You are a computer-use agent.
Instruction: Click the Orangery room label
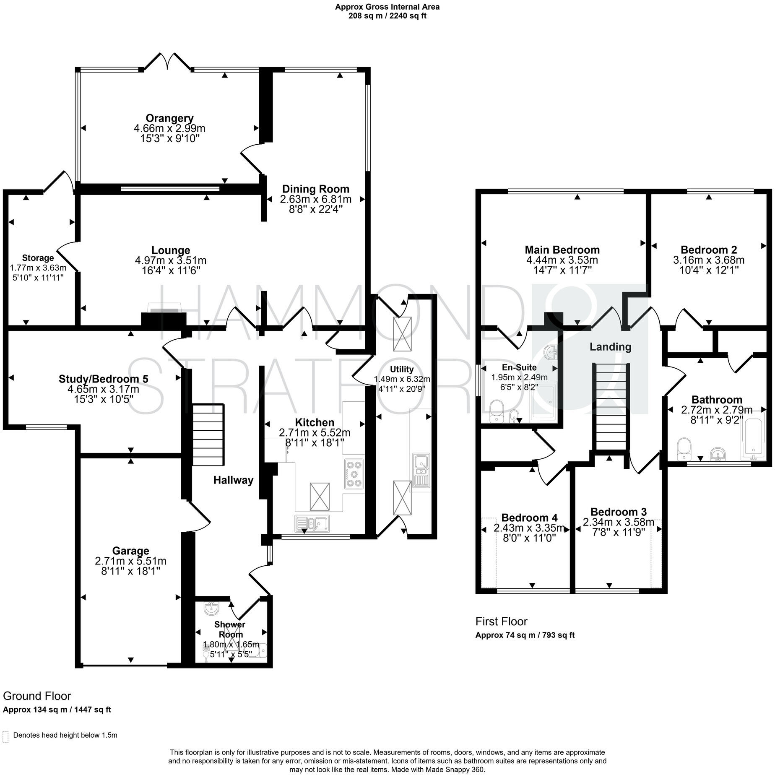click(x=169, y=118)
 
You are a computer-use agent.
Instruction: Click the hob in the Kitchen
click(x=354, y=474)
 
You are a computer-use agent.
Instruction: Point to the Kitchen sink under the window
click(x=312, y=523)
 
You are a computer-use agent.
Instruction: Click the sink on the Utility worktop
click(x=421, y=470)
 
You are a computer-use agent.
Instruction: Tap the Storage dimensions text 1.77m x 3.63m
click(x=38, y=268)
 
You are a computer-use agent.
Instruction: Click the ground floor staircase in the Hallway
click(x=208, y=434)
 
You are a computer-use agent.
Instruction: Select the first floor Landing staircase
click(x=611, y=407)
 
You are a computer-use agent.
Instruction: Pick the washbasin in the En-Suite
click(x=552, y=352)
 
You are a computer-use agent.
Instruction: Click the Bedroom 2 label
click(x=708, y=250)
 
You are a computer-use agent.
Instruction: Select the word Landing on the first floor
click(x=610, y=347)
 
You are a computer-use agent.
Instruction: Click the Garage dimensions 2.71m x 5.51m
click(x=130, y=561)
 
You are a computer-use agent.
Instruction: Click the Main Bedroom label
click(x=562, y=250)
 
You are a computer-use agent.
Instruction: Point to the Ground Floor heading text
click(x=37, y=696)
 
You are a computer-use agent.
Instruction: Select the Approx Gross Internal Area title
click(x=387, y=7)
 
